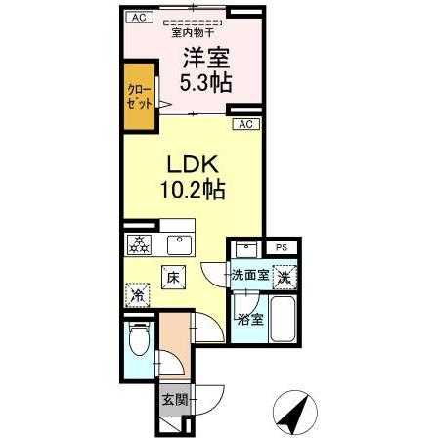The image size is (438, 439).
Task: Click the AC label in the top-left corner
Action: pyautogui.click(x=138, y=18)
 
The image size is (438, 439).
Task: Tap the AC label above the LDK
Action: pyautogui.click(x=244, y=124)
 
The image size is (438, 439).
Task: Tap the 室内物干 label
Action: pyautogui.click(x=193, y=30)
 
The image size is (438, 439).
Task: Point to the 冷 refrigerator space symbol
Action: pyautogui.click(x=138, y=290)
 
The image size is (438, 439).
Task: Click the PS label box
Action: pyautogui.click(x=282, y=246)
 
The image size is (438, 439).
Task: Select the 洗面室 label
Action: pyautogui.click(x=250, y=277)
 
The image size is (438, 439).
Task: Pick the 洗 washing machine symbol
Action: pyautogui.click(x=284, y=278)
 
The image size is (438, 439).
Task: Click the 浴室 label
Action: pyautogui.click(x=248, y=318)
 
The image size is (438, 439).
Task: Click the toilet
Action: pyautogui.click(x=138, y=343)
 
